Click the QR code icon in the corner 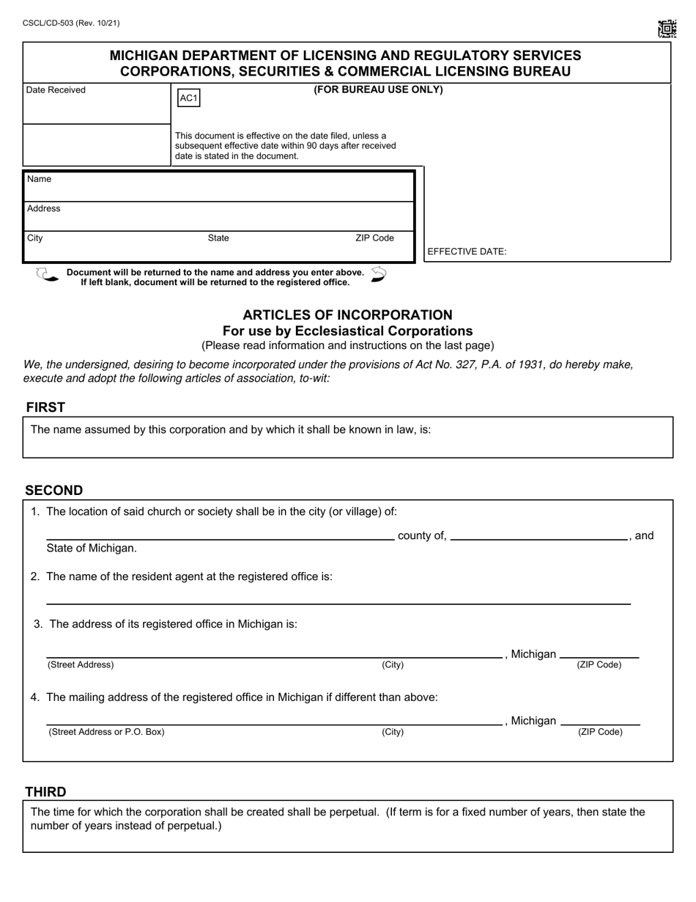tap(667, 29)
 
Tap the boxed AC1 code tap(188, 98)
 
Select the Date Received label tap(56, 90)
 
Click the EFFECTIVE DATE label tap(467, 252)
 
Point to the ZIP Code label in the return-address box tap(374, 238)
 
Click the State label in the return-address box tap(218, 238)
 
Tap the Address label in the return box tap(44, 209)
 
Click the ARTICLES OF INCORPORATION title tap(347, 315)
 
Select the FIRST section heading tap(45, 408)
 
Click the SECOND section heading tap(54, 491)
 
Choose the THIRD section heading tap(45, 792)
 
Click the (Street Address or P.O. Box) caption tap(106, 732)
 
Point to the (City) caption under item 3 tap(393, 665)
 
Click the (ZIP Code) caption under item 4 tap(600, 732)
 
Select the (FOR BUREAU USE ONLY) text tap(378, 90)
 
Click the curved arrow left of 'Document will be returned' tap(47, 276)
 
